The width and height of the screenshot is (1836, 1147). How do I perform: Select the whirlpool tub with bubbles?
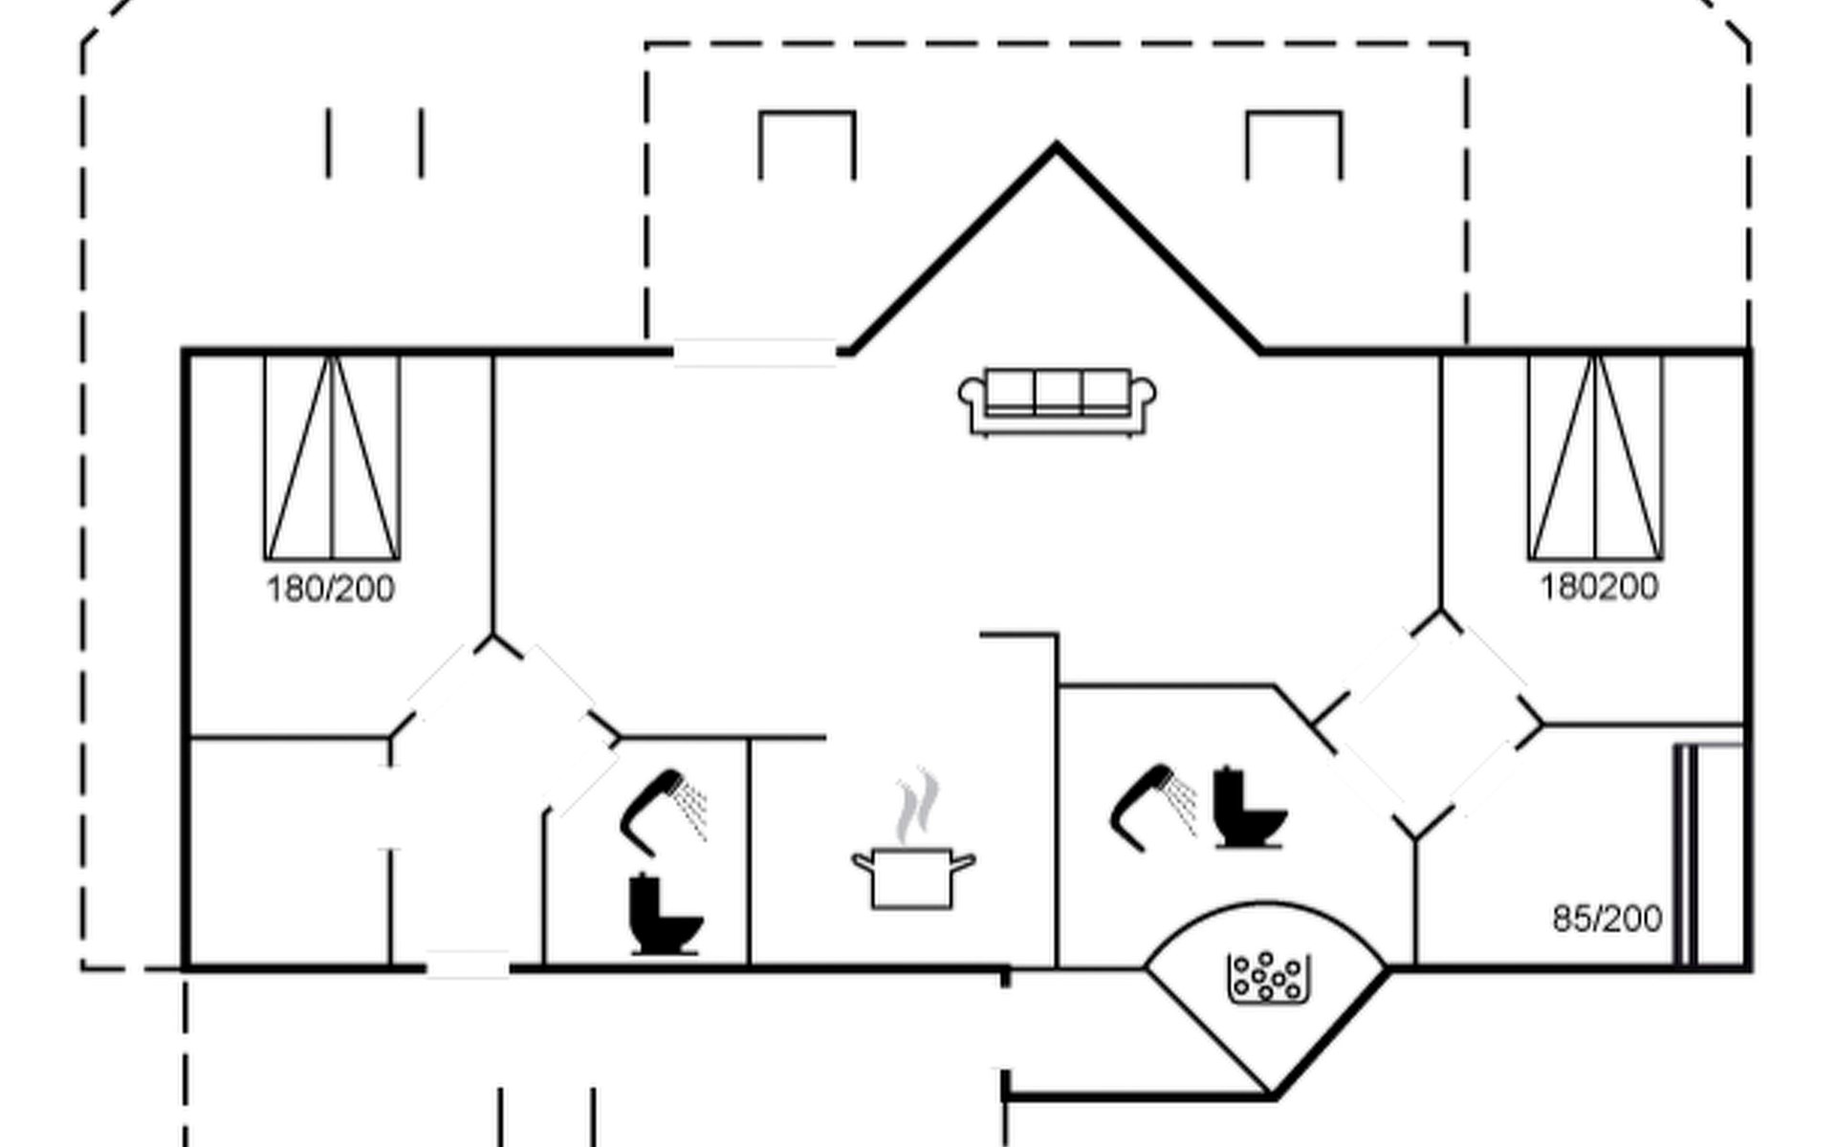1267,978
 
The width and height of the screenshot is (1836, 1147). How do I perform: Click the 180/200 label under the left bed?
330,589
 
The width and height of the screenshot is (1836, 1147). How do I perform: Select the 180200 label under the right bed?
1599,587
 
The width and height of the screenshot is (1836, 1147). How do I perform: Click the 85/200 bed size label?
1606,919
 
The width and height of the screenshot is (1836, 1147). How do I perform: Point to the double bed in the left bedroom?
332,457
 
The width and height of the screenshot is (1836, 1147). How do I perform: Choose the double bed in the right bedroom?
1595,457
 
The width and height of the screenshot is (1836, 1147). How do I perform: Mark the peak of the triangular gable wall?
1056,148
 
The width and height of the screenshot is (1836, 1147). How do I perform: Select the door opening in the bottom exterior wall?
468,967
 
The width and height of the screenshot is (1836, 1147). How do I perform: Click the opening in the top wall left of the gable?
755,352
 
